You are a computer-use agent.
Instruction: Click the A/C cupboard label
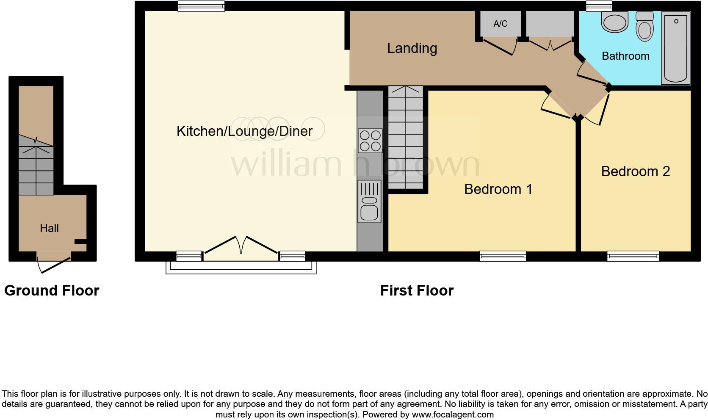pyautogui.click(x=500, y=24)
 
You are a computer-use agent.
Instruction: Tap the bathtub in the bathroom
pyautogui.click(x=676, y=47)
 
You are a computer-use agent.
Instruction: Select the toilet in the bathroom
pyautogui.click(x=645, y=27)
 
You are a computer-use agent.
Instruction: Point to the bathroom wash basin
pyautogui.click(x=614, y=22)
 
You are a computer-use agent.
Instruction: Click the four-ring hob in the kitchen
pyautogui.click(x=370, y=141)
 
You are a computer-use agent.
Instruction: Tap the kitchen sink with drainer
pyautogui.click(x=369, y=202)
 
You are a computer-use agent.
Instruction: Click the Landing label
pyautogui.click(x=412, y=48)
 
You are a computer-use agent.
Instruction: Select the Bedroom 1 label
pyautogui.click(x=498, y=189)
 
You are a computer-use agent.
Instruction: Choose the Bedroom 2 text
pyautogui.click(x=635, y=171)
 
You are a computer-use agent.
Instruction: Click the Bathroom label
pyautogui.click(x=625, y=56)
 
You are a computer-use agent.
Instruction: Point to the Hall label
pyautogui.click(x=49, y=228)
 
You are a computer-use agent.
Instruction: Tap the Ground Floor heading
pyautogui.click(x=52, y=290)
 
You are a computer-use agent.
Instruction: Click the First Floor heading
pyautogui.click(x=417, y=290)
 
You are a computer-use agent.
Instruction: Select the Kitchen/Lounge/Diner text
pyautogui.click(x=244, y=131)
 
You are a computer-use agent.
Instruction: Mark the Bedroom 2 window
pyautogui.click(x=633, y=256)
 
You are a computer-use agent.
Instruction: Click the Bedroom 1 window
pyautogui.click(x=503, y=256)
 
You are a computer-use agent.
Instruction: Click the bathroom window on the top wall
pyautogui.click(x=599, y=6)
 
